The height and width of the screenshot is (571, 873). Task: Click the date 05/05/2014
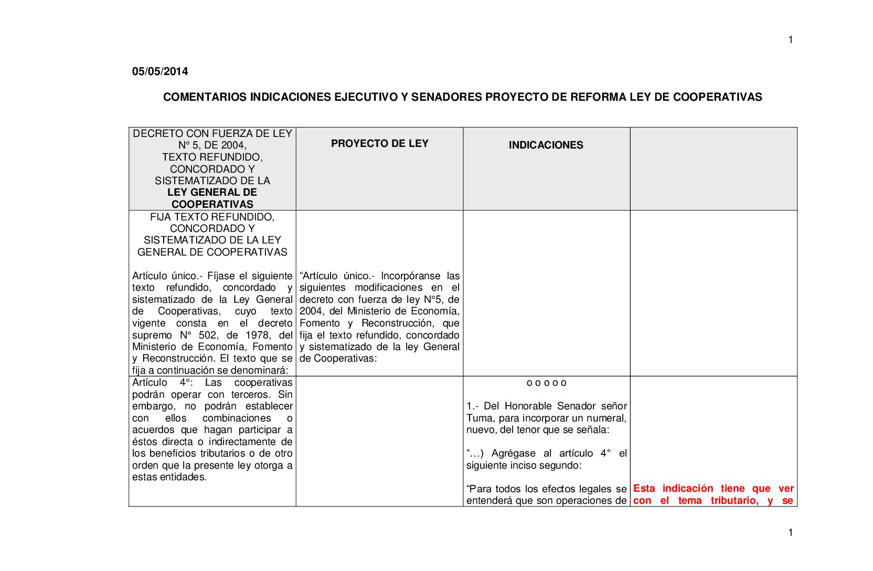click(x=160, y=71)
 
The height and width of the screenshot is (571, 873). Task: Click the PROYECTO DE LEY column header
click(x=379, y=143)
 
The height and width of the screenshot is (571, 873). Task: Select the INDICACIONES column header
click(x=546, y=145)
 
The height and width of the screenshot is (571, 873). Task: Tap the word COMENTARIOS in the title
click(x=205, y=97)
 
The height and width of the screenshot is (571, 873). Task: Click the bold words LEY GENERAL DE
click(x=212, y=192)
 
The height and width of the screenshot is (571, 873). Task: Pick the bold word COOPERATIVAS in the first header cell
click(x=212, y=204)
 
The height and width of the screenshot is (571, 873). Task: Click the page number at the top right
click(x=791, y=40)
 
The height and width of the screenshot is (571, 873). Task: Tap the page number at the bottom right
click(x=791, y=533)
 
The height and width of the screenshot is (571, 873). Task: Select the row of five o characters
click(x=546, y=383)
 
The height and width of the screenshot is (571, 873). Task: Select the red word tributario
click(x=734, y=501)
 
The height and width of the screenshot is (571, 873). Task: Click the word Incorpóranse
click(x=410, y=276)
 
